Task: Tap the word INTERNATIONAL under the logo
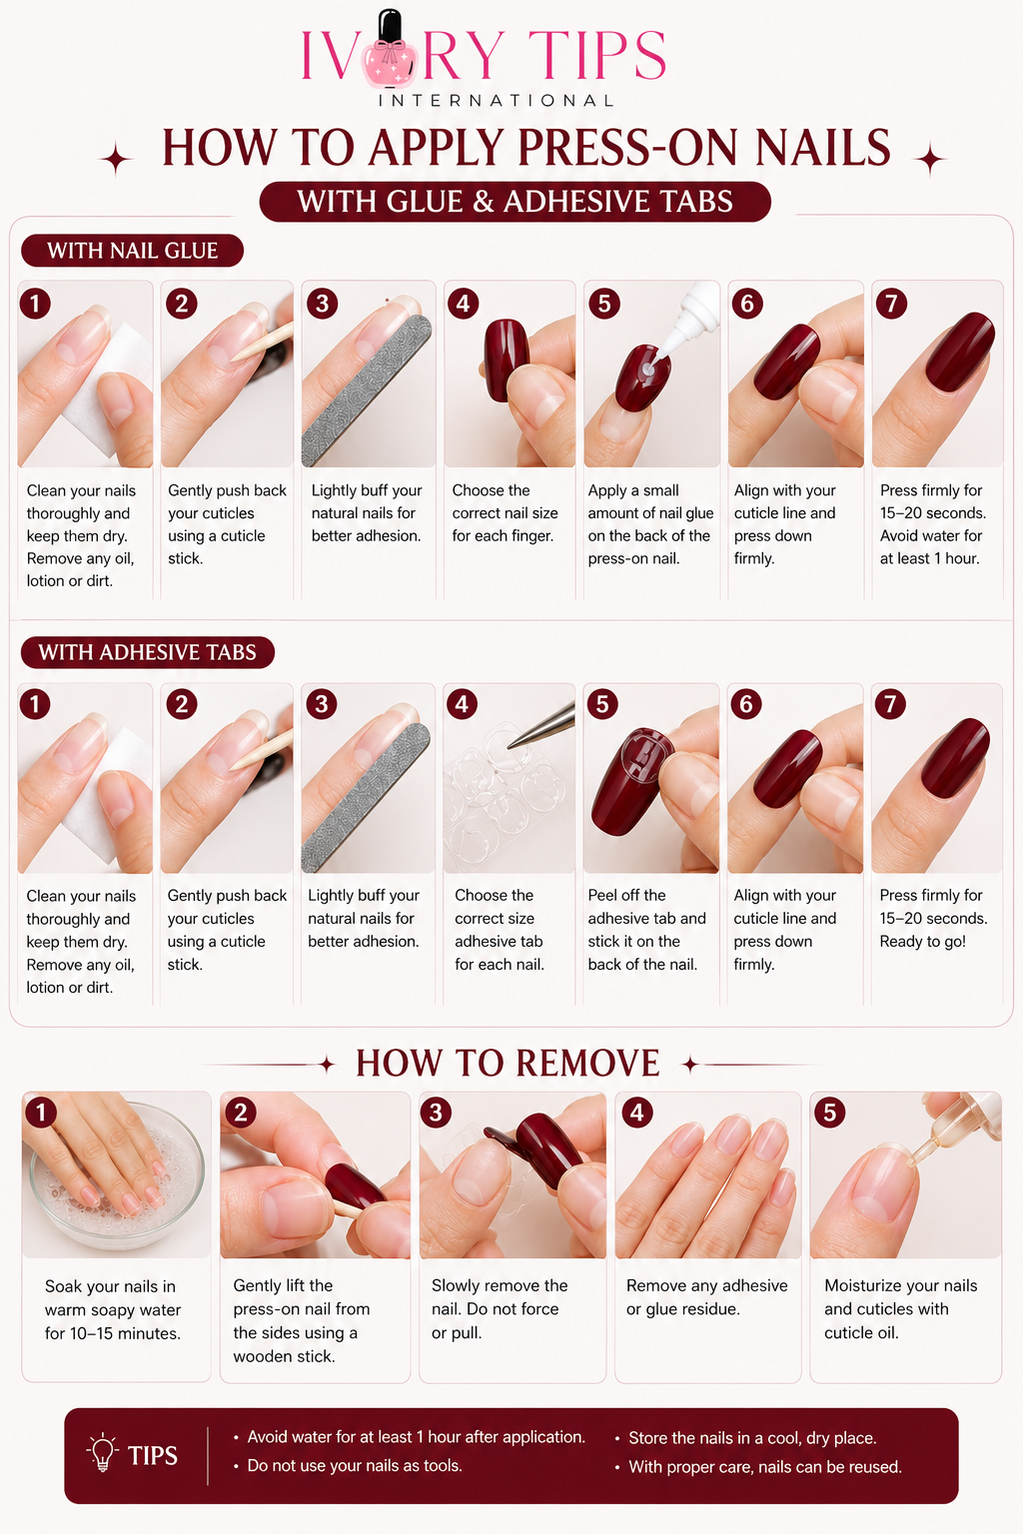click(497, 101)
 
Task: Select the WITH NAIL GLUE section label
click(132, 251)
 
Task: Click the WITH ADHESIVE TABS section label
click(147, 652)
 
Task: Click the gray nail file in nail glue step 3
click(368, 390)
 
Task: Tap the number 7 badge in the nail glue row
click(891, 304)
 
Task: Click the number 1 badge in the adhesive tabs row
click(35, 704)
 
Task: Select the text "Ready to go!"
click(922, 941)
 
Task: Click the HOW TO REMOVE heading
click(508, 1063)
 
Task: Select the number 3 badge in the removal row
click(436, 1113)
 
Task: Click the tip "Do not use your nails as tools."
click(355, 1465)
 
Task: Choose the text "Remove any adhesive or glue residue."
click(706, 1297)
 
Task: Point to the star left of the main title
click(117, 160)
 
